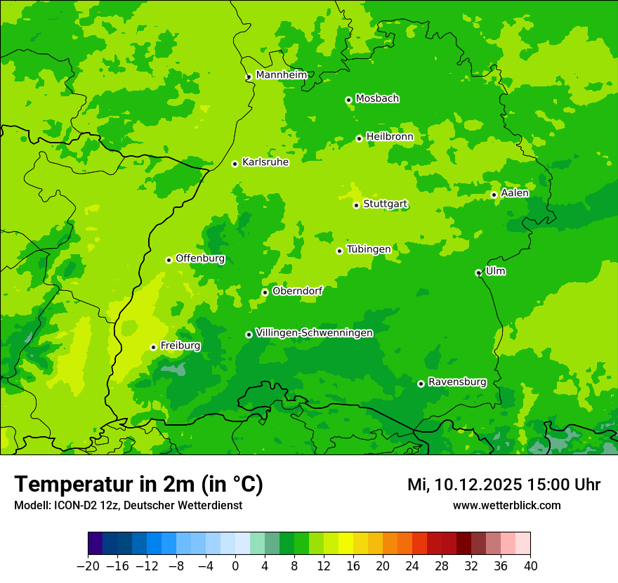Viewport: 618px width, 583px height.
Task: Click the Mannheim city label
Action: point(281,75)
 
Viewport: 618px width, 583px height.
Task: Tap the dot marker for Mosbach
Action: point(348,100)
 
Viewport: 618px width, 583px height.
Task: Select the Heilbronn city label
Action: point(390,137)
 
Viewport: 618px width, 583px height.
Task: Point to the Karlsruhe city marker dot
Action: point(235,164)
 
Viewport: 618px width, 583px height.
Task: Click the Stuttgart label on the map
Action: point(385,204)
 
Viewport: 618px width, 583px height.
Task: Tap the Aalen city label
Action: point(515,193)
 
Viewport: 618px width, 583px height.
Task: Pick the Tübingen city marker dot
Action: point(339,251)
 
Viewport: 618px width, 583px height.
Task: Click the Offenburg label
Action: point(200,258)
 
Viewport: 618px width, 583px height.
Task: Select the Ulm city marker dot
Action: point(478,273)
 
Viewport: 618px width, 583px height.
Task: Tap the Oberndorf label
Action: point(297,291)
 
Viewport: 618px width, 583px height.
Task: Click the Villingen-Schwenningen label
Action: point(314,333)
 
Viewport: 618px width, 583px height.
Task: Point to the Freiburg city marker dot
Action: point(153,347)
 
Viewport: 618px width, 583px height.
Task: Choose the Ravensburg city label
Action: point(457,382)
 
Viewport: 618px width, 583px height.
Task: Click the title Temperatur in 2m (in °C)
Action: point(138,485)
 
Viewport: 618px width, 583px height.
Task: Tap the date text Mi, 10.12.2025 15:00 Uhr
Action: point(504,485)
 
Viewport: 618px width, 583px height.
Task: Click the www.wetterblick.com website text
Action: point(506,506)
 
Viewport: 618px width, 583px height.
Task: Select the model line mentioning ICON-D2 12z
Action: point(128,506)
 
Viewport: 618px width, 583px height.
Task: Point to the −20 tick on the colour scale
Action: point(88,566)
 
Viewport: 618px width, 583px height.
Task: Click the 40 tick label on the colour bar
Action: point(530,566)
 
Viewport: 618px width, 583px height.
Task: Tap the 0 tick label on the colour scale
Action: point(235,566)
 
